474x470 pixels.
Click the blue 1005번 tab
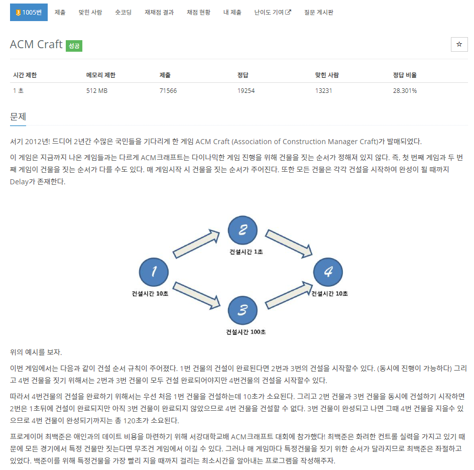click(x=29, y=12)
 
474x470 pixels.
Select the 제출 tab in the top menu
click(x=60, y=12)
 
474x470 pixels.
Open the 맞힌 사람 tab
click(x=90, y=12)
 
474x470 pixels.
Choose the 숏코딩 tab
click(x=123, y=12)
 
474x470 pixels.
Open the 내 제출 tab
click(x=232, y=12)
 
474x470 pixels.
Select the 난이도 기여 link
click(x=273, y=12)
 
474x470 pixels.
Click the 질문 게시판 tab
click(x=318, y=12)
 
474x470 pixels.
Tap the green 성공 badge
click(x=74, y=45)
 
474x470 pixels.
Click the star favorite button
click(x=459, y=44)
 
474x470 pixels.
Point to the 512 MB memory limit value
click(x=97, y=91)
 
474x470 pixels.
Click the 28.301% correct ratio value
click(x=405, y=91)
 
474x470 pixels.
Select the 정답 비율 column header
click(x=405, y=75)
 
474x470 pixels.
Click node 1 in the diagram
click(x=154, y=272)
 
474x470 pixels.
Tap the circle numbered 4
click(x=328, y=272)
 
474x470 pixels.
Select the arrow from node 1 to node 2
click(x=196, y=244)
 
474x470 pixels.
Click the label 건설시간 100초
click(x=246, y=332)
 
